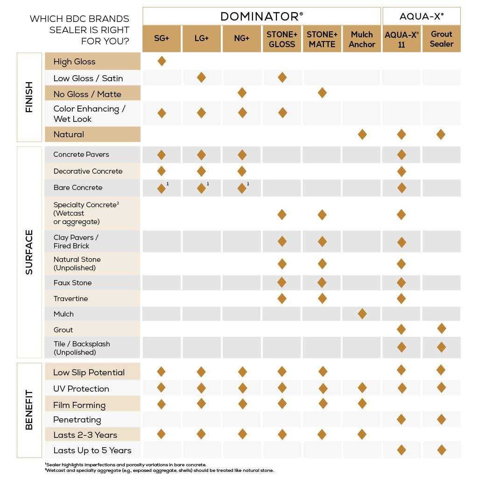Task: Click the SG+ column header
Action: [162, 39]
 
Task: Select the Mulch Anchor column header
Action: [362, 39]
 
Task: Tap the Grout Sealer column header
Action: [442, 39]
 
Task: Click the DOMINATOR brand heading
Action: [261, 16]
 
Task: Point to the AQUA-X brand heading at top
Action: [422, 16]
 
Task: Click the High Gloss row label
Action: [74, 62]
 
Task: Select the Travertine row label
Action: [70, 299]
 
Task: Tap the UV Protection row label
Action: [81, 389]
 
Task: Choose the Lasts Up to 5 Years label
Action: [92, 450]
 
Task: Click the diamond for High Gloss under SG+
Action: [162, 61]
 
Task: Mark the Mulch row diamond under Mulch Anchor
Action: [362, 314]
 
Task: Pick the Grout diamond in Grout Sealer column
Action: [442, 328]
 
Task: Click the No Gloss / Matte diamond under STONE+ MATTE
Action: [322, 93]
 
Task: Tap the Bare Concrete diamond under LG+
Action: [201, 188]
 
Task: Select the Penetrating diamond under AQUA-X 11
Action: [401, 419]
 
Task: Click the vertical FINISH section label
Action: [29, 97]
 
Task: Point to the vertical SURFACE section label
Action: [29, 252]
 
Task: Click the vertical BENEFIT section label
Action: [29, 410]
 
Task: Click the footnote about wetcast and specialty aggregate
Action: [159, 470]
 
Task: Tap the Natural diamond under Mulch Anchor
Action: [362, 134]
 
